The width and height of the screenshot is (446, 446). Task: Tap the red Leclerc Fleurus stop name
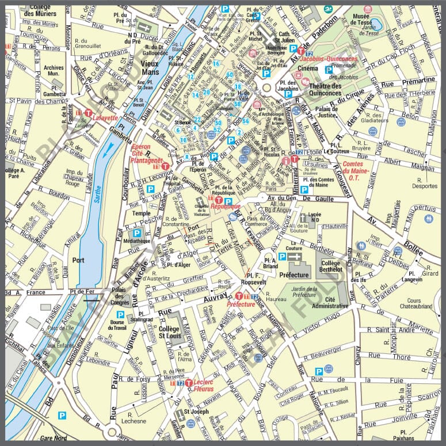(204, 385)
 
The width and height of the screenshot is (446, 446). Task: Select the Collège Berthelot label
(331, 265)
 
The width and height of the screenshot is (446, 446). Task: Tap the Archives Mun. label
(54, 71)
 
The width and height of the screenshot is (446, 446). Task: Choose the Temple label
(142, 213)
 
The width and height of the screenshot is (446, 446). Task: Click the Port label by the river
(78, 260)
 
